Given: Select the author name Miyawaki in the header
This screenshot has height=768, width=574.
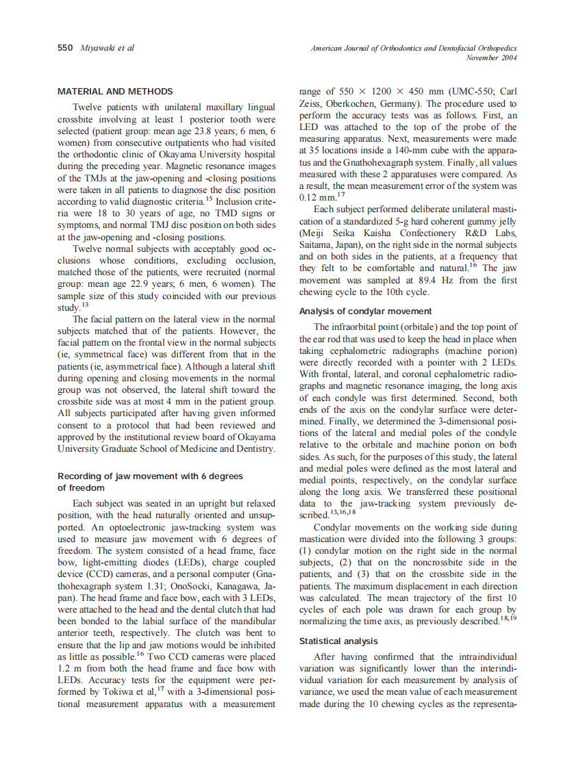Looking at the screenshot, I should (x=96, y=48).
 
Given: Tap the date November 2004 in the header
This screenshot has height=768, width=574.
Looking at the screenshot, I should (x=491, y=58).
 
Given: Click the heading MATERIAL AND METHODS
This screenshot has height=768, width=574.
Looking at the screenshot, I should (x=115, y=91).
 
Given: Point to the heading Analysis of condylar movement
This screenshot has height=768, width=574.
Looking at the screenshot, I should (x=366, y=311).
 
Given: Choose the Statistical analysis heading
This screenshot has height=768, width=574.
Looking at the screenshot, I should (x=338, y=641).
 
